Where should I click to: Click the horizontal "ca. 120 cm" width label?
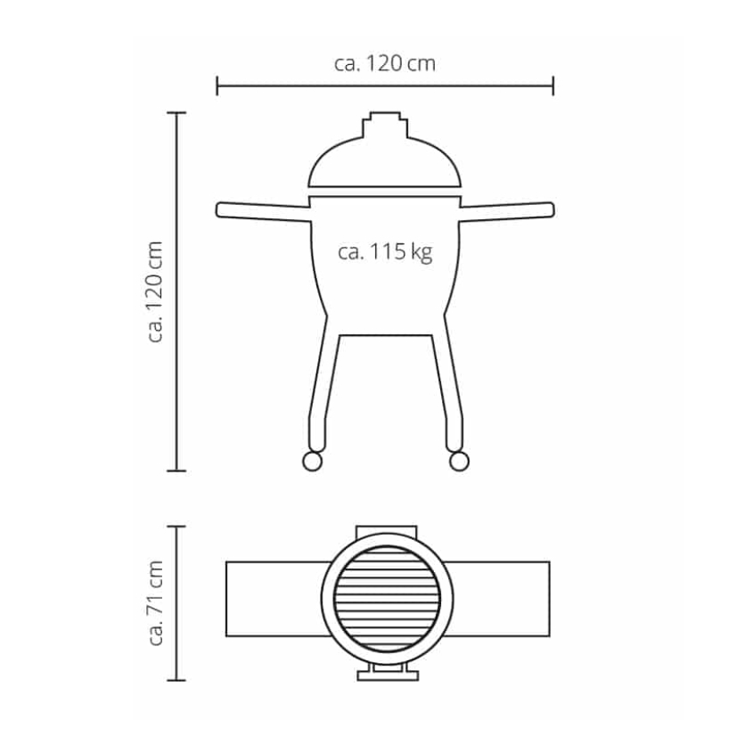[385, 63]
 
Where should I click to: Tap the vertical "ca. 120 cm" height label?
[155, 291]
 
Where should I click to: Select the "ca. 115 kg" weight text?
[385, 252]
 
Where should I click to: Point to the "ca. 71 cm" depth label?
[155, 603]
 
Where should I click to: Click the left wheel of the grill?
[312, 462]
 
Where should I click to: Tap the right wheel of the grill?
[459, 462]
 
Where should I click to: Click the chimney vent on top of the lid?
[385, 125]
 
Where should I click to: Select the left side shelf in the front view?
[263, 211]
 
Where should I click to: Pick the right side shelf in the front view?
[507, 211]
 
